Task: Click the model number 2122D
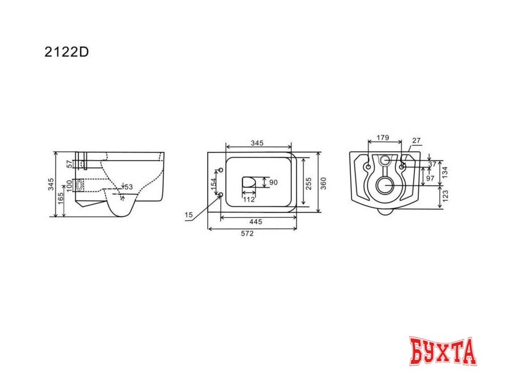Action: (x=67, y=52)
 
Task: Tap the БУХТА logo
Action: (x=442, y=351)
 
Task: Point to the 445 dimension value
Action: (x=258, y=222)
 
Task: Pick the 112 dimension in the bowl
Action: (x=249, y=199)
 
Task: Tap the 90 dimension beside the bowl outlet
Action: (x=274, y=182)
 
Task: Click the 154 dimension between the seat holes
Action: (x=214, y=183)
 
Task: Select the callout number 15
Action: (x=188, y=214)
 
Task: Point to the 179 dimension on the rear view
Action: (x=383, y=138)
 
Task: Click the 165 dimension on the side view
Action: (x=60, y=200)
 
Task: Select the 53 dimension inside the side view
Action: (x=129, y=186)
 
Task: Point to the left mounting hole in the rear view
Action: (x=368, y=167)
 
